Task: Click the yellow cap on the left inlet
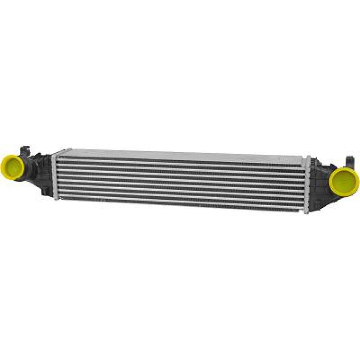12,167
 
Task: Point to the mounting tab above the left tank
25,149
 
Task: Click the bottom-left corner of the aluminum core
55,198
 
